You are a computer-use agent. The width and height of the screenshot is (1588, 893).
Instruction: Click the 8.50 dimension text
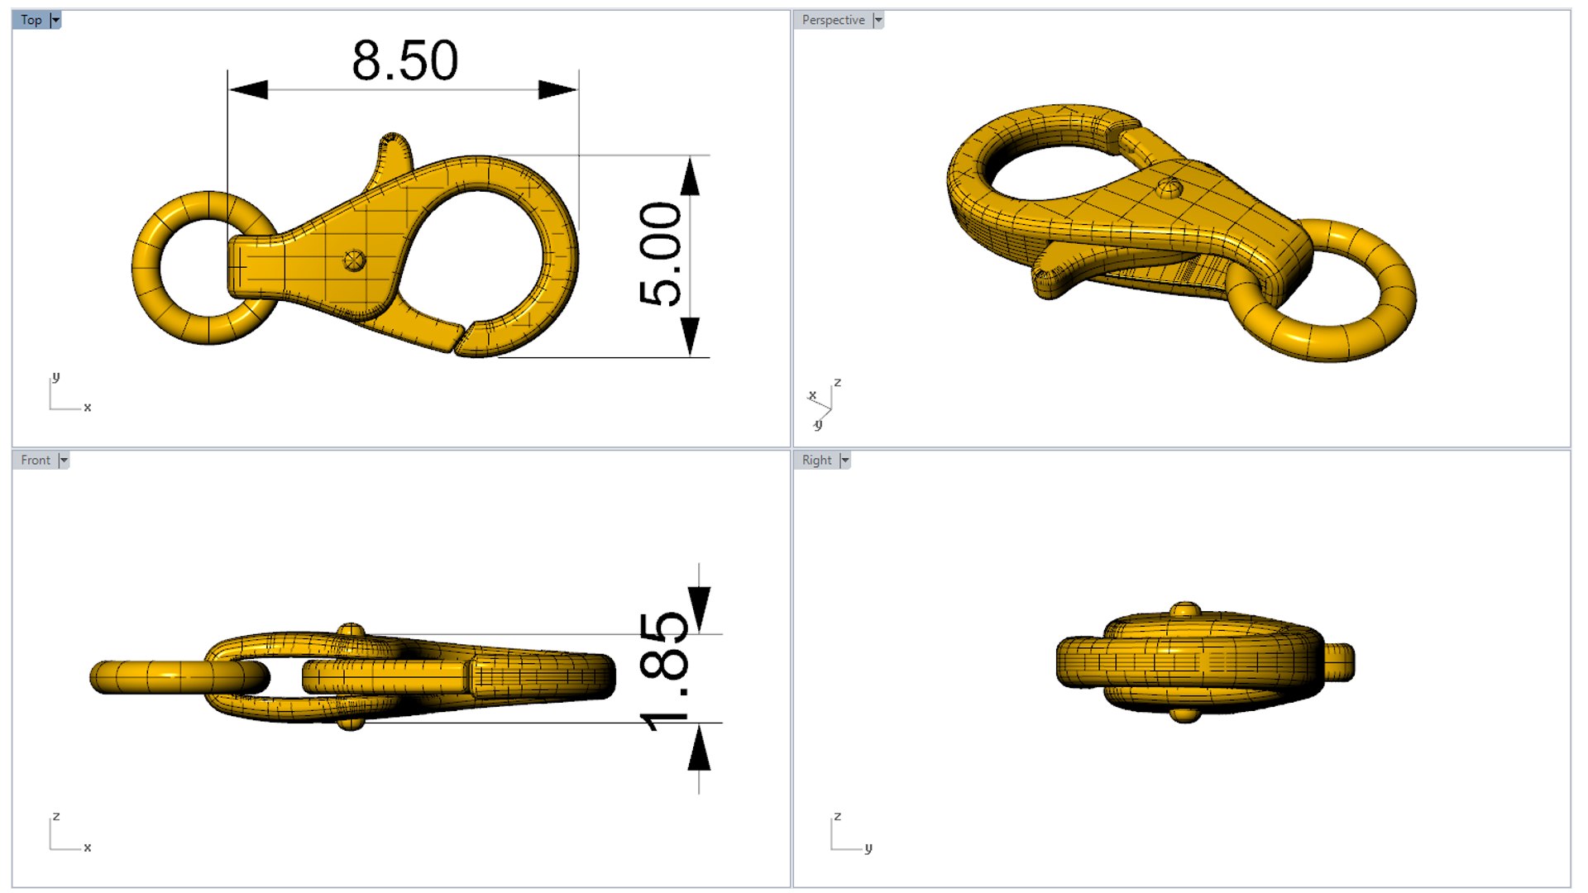tap(404, 60)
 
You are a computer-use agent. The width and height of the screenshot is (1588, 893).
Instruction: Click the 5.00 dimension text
tap(661, 254)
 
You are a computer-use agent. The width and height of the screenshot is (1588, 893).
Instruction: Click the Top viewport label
tap(31, 20)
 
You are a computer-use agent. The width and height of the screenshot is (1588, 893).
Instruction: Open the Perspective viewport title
tap(833, 20)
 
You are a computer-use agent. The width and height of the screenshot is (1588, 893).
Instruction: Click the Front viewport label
tap(36, 461)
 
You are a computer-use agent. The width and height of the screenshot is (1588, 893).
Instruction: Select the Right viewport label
tap(816, 461)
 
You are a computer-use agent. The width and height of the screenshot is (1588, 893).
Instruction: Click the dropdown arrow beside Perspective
tap(878, 20)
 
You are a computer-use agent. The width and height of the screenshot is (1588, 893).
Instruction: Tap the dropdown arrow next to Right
tap(844, 461)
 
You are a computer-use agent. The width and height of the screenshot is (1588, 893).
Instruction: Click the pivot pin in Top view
tap(354, 260)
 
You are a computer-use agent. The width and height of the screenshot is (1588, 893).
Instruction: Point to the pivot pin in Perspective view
tap(1169, 188)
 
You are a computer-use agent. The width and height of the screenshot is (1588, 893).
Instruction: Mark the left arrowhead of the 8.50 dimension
tap(248, 89)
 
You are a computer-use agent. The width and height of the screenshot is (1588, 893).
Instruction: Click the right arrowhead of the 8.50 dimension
tap(557, 89)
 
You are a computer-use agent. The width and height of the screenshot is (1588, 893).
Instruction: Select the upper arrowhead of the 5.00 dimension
tap(691, 175)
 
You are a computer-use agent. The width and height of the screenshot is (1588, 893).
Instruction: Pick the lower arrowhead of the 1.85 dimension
tap(699, 748)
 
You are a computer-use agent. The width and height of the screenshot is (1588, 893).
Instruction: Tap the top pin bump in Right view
tap(1185, 609)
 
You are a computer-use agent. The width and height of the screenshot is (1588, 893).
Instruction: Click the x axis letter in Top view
tap(88, 408)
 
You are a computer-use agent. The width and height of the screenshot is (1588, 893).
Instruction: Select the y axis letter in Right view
tap(868, 848)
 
